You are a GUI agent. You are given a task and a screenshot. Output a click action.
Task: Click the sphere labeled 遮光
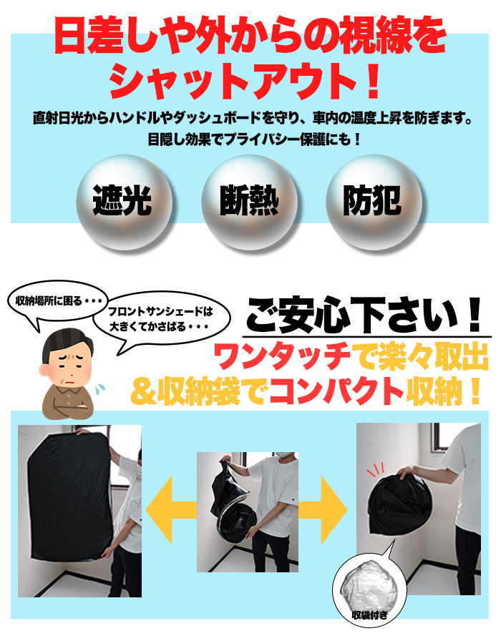click(x=124, y=202)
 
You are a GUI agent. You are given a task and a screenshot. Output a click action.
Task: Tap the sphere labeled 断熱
click(x=250, y=202)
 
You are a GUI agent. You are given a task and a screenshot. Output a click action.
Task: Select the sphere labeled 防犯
click(x=374, y=202)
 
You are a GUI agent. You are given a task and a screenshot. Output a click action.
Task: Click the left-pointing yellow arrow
click(x=170, y=510)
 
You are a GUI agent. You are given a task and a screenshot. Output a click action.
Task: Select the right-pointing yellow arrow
click(x=323, y=510)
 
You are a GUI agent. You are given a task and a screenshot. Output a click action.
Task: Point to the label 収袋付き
click(x=369, y=615)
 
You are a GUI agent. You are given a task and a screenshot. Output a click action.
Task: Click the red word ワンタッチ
click(x=282, y=356)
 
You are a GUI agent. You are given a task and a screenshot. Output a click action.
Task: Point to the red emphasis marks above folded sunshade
click(x=375, y=471)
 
